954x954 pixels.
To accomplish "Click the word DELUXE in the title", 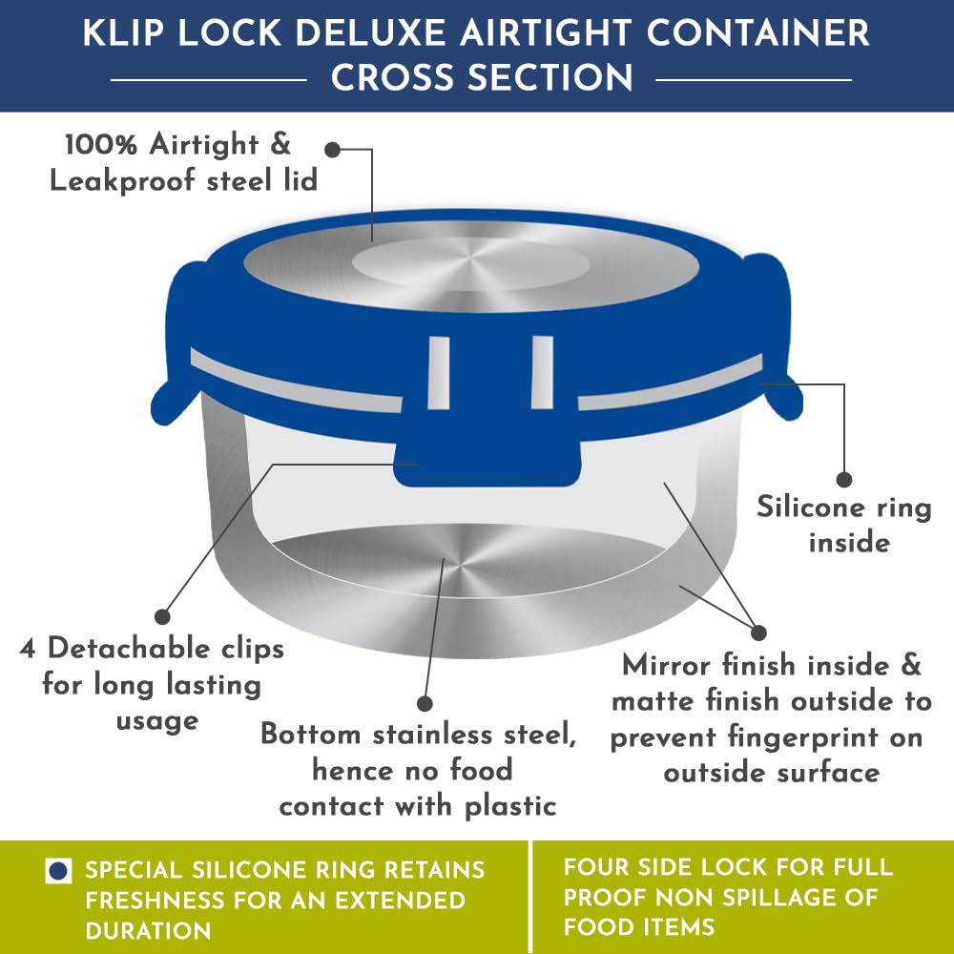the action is pyautogui.click(x=371, y=32).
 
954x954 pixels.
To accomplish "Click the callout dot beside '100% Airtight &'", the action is pyautogui.click(x=332, y=149).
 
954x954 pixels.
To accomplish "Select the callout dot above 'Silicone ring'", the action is pyautogui.click(x=844, y=480).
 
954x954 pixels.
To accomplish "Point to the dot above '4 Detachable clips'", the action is pyautogui.click(x=162, y=616).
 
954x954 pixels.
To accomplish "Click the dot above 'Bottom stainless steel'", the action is pyautogui.click(x=425, y=703).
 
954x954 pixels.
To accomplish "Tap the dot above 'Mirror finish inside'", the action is pyautogui.click(x=758, y=633).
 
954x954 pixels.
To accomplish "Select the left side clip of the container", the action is pyautogui.click(x=176, y=341).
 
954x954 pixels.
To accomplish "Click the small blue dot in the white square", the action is pyautogui.click(x=58, y=871).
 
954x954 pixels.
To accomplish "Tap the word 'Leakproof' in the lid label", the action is pyautogui.click(x=122, y=181).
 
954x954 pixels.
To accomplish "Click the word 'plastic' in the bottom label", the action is pyautogui.click(x=511, y=807).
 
